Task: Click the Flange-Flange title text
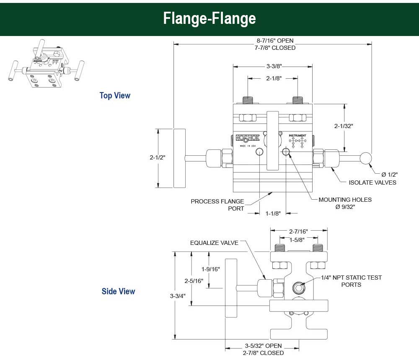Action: click(209, 18)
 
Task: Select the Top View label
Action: click(115, 95)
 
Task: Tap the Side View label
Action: click(118, 291)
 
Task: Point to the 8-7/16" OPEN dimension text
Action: click(275, 41)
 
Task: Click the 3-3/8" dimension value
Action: click(273, 66)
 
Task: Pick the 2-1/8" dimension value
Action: click(273, 78)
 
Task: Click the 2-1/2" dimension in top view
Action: click(158, 157)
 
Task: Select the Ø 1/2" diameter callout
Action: click(389, 174)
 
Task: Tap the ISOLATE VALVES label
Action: click(372, 182)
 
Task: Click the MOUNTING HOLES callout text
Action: click(345, 200)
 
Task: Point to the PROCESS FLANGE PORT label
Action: click(217, 205)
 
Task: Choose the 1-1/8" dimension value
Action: click(273, 213)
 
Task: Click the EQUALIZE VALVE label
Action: click(214, 243)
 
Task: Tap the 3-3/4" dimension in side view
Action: click(178, 296)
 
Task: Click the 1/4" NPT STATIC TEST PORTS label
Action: click(351, 281)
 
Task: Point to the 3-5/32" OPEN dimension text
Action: click(263, 346)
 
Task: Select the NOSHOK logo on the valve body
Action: click(248, 138)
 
